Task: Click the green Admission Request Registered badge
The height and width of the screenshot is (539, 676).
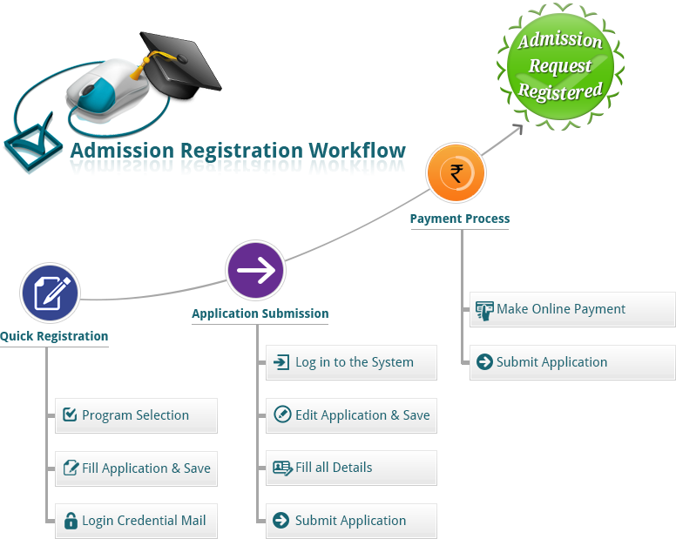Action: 560,66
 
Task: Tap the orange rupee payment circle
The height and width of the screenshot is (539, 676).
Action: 456,172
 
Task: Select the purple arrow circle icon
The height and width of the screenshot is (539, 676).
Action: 255,270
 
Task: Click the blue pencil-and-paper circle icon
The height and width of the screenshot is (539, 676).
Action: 51,293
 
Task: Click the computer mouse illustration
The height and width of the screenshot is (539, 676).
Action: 105,91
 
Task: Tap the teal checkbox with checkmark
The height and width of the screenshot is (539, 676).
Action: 32,143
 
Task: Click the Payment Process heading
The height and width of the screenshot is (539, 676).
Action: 460,219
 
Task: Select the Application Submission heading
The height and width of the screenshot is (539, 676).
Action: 260,313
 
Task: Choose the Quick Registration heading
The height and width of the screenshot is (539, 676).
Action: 54,336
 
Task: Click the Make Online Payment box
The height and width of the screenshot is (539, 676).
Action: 572,309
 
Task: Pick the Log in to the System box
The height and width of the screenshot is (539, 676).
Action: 351,362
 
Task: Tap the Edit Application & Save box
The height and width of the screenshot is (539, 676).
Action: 351,415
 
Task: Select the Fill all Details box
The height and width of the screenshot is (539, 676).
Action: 351,468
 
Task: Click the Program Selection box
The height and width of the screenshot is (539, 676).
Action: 136,415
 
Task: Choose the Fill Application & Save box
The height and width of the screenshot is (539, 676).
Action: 136,468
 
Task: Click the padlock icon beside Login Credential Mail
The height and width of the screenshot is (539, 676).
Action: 71,521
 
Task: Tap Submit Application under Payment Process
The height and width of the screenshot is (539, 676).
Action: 572,362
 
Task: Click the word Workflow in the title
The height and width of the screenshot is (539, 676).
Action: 357,151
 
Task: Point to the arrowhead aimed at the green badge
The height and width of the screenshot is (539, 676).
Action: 517,129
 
